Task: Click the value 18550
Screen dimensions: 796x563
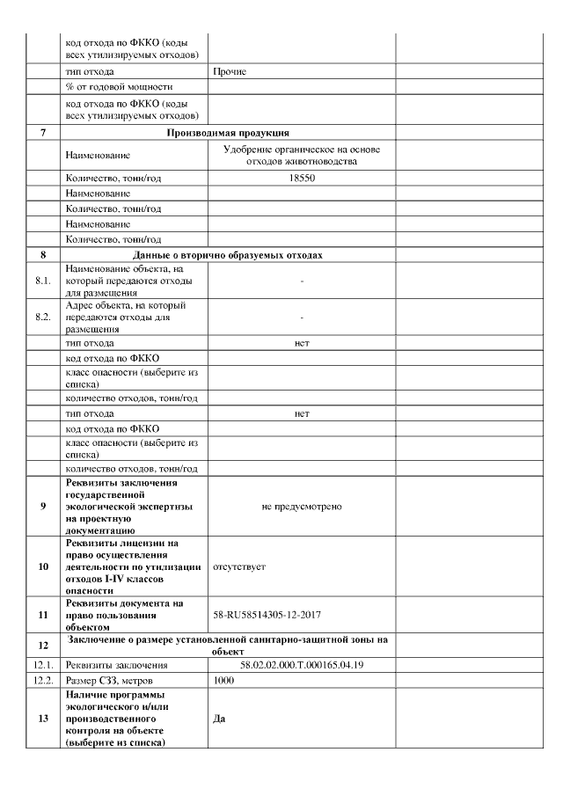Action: (x=302, y=178)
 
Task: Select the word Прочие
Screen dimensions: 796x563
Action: (x=230, y=71)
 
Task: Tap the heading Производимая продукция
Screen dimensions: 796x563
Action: (x=228, y=133)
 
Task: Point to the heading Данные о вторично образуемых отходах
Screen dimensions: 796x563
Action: (x=228, y=254)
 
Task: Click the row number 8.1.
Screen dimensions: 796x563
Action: (x=42, y=281)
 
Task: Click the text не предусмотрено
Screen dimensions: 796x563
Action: (x=302, y=507)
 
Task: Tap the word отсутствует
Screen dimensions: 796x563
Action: (x=239, y=567)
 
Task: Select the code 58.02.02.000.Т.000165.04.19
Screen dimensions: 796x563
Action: (x=302, y=665)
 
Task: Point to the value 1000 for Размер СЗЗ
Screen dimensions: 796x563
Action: (x=225, y=681)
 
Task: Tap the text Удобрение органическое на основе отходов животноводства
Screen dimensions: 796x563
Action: (x=302, y=155)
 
